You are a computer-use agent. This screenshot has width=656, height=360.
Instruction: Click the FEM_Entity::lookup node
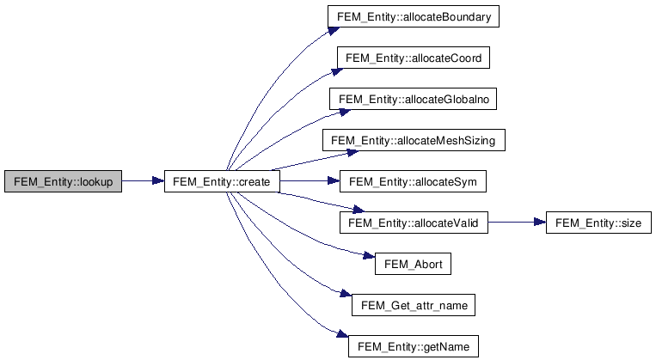[x=63, y=181]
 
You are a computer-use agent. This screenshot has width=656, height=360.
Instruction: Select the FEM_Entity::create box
[x=222, y=181]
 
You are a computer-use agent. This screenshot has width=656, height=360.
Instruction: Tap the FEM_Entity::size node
[x=598, y=223]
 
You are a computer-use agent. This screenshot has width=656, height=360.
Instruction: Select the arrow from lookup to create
[x=143, y=181]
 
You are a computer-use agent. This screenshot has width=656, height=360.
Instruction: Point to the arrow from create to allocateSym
[x=310, y=181]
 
